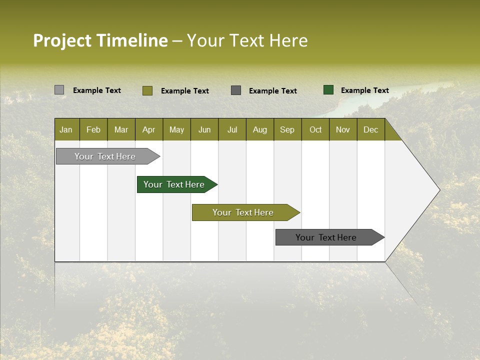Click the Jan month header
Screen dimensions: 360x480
click(x=66, y=129)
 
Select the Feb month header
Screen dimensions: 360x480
click(x=93, y=129)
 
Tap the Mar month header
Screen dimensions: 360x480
click(x=121, y=129)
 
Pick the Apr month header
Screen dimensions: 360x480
click(x=149, y=129)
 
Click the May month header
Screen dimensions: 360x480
click(x=176, y=129)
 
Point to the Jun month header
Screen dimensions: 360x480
click(x=204, y=129)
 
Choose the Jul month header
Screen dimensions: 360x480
click(x=232, y=129)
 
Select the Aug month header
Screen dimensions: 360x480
click(x=260, y=129)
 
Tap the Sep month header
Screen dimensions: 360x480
click(x=287, y=129)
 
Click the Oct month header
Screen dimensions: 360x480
click(x=315, y=129)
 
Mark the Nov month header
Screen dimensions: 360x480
click(x=343, y=129)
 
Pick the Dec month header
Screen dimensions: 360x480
click(x=371, y=129)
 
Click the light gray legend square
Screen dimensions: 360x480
click(x=59, y=90)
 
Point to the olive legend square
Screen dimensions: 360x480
click(x=147, y=90)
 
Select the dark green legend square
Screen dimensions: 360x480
click(x=328, y=90)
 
